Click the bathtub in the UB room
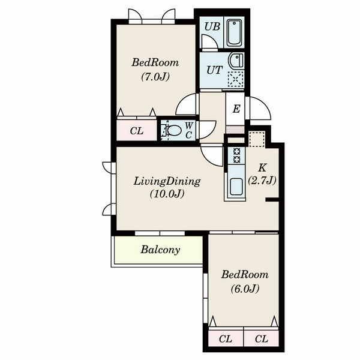point(234,33)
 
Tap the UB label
point(212,26)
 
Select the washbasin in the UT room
point(236,60)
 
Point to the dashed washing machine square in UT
point(236,79)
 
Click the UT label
point(215,70)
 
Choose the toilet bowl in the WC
point(174,131)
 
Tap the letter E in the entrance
point(236,109)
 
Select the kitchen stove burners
point(237,155)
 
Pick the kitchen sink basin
point(236,187)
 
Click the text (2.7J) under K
point(262,181)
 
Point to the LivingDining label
point(167,181)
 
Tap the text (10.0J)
point(167,194)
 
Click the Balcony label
point(160,250)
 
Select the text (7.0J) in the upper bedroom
point(155,77)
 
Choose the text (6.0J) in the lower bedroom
point(245,289)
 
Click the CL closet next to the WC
point(137,130)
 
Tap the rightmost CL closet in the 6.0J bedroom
point(261,338)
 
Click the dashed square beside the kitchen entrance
point(257,139)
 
